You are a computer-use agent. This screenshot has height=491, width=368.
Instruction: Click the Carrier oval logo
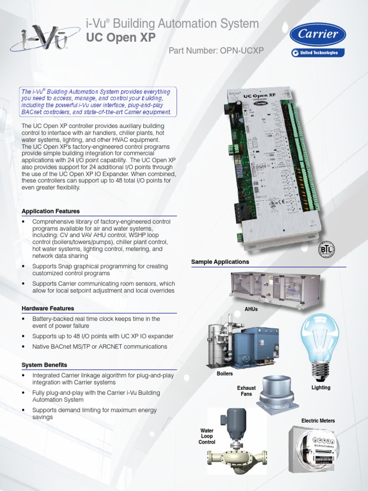click(317, 35)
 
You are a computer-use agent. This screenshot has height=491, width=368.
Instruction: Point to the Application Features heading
click(51, 211)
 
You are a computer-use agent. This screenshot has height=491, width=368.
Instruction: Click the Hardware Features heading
click(48, 308)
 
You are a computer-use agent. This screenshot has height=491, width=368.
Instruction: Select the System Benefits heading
click(45, 365)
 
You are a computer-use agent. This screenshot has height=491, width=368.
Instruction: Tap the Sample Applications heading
click(220, 262)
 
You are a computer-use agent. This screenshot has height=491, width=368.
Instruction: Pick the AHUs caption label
click(251, 309)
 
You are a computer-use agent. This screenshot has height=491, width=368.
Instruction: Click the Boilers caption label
click(224, 374)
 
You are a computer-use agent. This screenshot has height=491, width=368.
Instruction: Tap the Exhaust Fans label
click(246, 391)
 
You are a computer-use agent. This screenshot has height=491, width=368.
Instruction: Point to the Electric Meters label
click(318, 421)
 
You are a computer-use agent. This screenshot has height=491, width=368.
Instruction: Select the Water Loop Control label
click(207, 436)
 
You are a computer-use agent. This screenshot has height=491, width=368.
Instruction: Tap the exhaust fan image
click(276, 391)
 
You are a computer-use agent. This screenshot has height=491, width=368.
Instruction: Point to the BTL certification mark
click(327, 249)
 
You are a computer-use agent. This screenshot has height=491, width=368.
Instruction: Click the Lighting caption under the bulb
click(321, 387)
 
